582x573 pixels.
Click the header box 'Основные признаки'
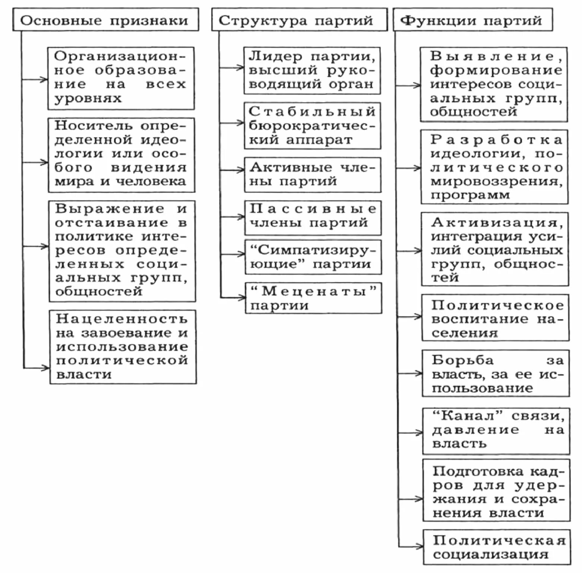coord(105,20)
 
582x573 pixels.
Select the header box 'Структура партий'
coord(299,20)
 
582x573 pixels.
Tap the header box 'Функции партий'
coord(472,20)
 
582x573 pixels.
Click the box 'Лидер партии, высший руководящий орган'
coord(312,70)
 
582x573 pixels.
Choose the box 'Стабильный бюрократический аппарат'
coord(312,126)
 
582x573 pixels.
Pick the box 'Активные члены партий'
coord(313,175)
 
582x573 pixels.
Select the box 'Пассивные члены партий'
coord(313,217)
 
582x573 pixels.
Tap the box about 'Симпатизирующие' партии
coord(313,257)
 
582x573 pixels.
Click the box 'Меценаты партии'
coord(313,298)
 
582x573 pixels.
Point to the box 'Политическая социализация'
coord(497,547)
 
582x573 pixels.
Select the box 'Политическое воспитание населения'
coord(496,318)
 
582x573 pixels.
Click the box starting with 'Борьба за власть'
coord(496,373)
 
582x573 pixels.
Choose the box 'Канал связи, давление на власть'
coord(496,431)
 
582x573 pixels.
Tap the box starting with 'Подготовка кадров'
coord(496,490)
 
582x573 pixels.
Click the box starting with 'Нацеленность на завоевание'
coord(123,347)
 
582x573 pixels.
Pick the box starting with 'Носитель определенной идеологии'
coord(121,155)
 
